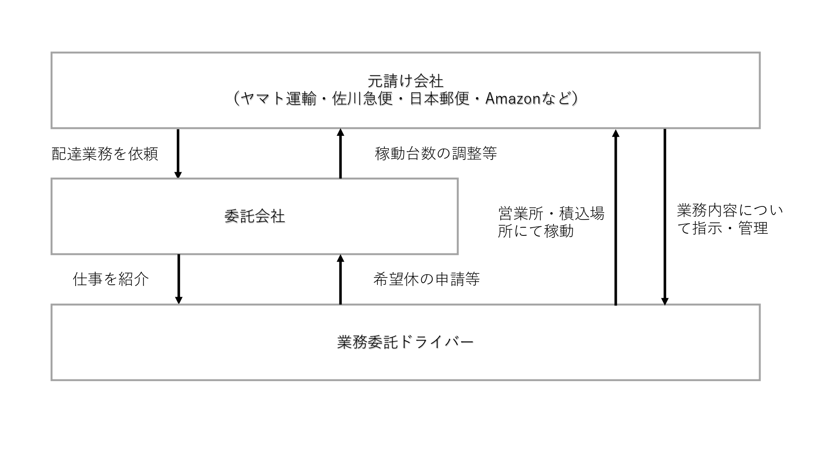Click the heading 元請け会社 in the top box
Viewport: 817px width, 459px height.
[x=405, y=81]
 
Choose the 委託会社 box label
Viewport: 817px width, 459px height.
[x=254, y=216]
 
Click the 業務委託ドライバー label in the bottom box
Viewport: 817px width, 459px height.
[x=405, y=342]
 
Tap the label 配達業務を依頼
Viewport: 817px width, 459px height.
[x=105, y=154]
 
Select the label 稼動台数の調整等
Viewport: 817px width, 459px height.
[x=436, y=154]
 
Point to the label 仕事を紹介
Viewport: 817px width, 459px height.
[x=111, y=279]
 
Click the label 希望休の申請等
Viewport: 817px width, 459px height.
[x=426, y=279]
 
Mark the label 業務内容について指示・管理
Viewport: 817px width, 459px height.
[x=730, y=219]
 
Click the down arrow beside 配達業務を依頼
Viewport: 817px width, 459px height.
[x=178, y=153]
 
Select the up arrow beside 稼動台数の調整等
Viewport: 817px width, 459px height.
[x=341, y=153]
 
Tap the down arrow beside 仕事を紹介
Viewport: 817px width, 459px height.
[x=179, y=279]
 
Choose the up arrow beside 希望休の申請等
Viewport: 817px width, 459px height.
[x=341, y=279]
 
